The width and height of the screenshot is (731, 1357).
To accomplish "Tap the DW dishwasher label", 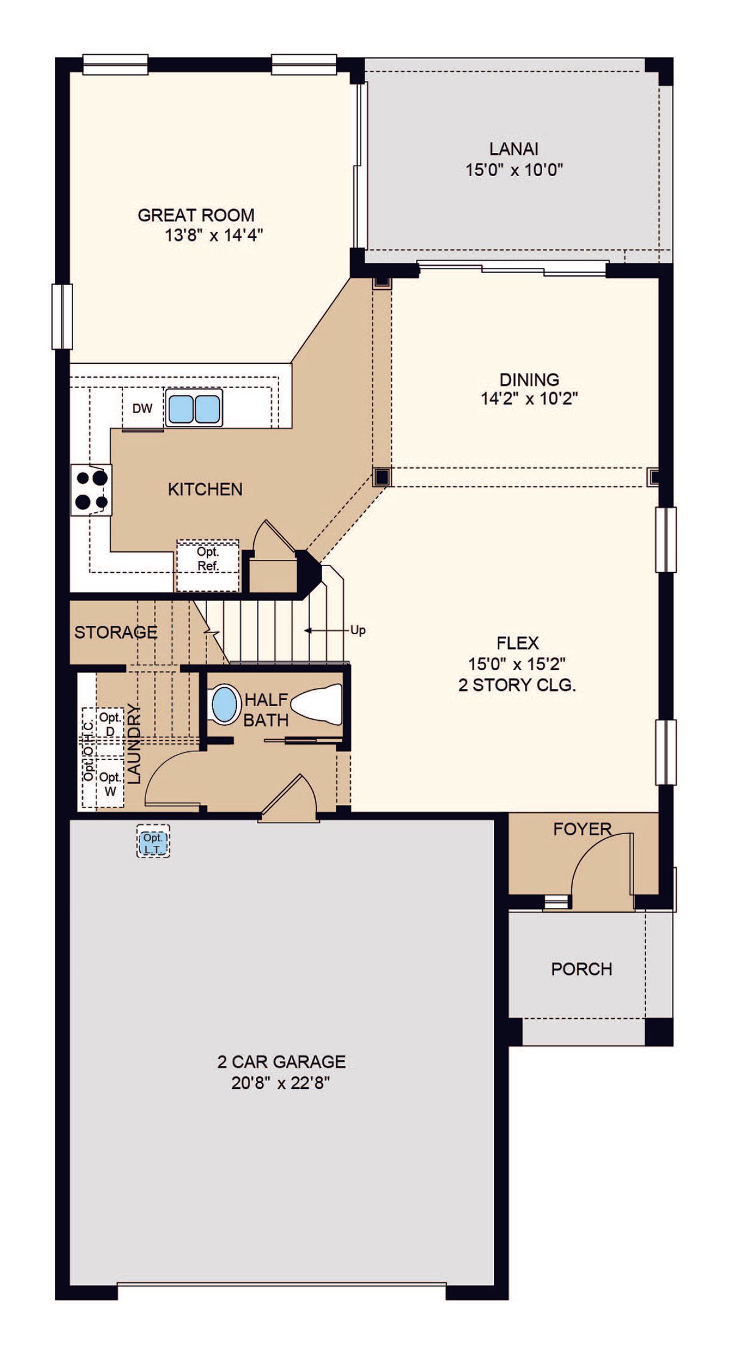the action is pyautogui.click(x=142, y=409).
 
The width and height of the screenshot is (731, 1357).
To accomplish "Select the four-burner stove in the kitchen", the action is pyautogui.click(x=91, y=490).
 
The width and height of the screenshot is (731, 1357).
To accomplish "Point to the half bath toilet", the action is pyautogui.click(x=316, y=704).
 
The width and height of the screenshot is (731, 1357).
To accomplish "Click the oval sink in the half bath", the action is pyautogui.click(x=225, y=704).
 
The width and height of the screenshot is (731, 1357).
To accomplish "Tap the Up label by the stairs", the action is pyautogui.click(x=358, y=630).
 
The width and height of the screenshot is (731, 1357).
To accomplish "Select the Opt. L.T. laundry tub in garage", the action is pyautogui.click(x=153, y=841).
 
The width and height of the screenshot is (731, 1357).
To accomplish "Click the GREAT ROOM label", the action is pyautogui.click(x=196, y=215).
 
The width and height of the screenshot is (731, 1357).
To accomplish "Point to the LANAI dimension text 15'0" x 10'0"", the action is pyautogui.click(x=514, y=169).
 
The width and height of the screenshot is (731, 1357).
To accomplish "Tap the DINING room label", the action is pyautogui.click(x=529, y=380).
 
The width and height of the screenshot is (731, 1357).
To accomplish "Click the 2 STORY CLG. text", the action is pyautogui.click(x=517, y=685).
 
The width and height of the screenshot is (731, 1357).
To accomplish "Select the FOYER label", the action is pyautogui.click(x=582, y=829).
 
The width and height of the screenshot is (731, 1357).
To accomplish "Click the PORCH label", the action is pyautogui.click(x=582, y=969).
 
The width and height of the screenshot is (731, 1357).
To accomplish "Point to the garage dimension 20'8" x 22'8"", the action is pyautogui.click(x=281, y=1083).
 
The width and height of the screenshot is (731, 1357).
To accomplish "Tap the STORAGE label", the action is pyautogui.click(x=116, y=632).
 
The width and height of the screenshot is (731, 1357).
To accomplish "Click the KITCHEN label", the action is pyautogui.click(x=205, y=489).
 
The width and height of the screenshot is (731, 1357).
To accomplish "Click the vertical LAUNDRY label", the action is pyautogui.click(x=134, y=744).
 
